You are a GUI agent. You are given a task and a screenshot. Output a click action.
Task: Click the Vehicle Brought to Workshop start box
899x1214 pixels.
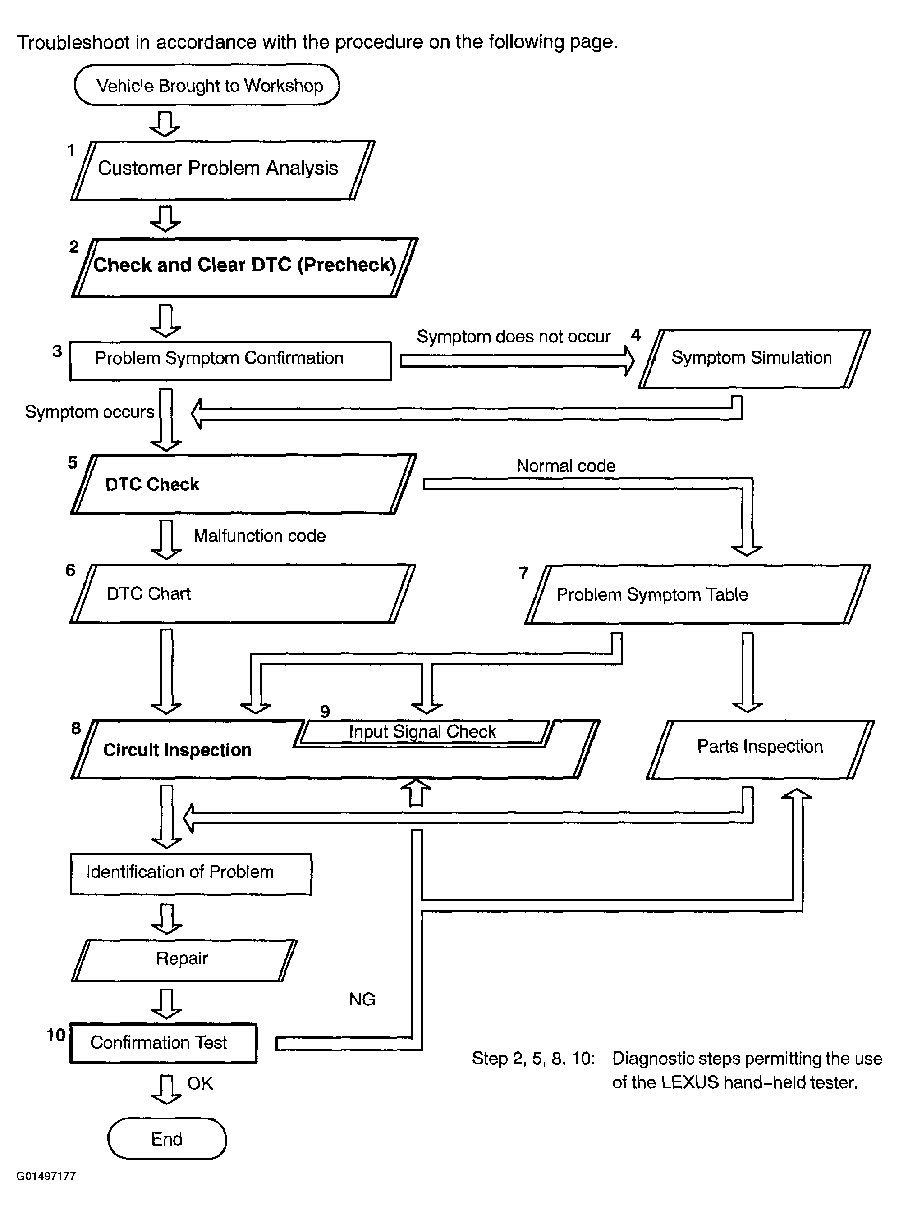(207, 85)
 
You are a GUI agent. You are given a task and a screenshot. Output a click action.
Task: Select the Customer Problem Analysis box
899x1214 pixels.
(223, 170)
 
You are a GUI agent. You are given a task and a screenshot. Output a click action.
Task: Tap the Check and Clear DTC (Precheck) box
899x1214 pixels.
(244, 267)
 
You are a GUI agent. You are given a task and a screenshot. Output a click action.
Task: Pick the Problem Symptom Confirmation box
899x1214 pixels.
(231, 361)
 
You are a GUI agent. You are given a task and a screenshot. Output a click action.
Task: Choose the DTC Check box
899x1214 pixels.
(243, 484)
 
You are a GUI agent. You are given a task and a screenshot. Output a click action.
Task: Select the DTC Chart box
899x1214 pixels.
(243, 593)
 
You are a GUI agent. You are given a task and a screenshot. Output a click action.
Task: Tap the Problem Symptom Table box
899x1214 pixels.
(697, 594)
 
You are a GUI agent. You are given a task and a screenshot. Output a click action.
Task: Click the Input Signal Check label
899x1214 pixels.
(422, 731)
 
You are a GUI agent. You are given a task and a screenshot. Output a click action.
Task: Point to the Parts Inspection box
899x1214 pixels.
(760, 749)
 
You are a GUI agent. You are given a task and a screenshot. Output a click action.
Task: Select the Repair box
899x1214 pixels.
(184, 961)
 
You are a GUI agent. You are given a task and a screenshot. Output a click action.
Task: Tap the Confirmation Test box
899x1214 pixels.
(163, 1043)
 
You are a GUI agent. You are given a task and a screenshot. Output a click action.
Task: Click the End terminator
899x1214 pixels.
(167, 1138)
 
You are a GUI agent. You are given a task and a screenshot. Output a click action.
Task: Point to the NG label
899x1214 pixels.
(362, 999)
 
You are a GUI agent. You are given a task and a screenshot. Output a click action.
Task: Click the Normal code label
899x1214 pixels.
(566, 466)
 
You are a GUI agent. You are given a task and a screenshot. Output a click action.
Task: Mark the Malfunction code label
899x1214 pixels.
(260, 536)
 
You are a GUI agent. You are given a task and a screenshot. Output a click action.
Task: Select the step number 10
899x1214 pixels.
(56, 1035)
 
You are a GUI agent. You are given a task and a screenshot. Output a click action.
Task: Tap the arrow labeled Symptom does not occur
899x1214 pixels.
(518, 361)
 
